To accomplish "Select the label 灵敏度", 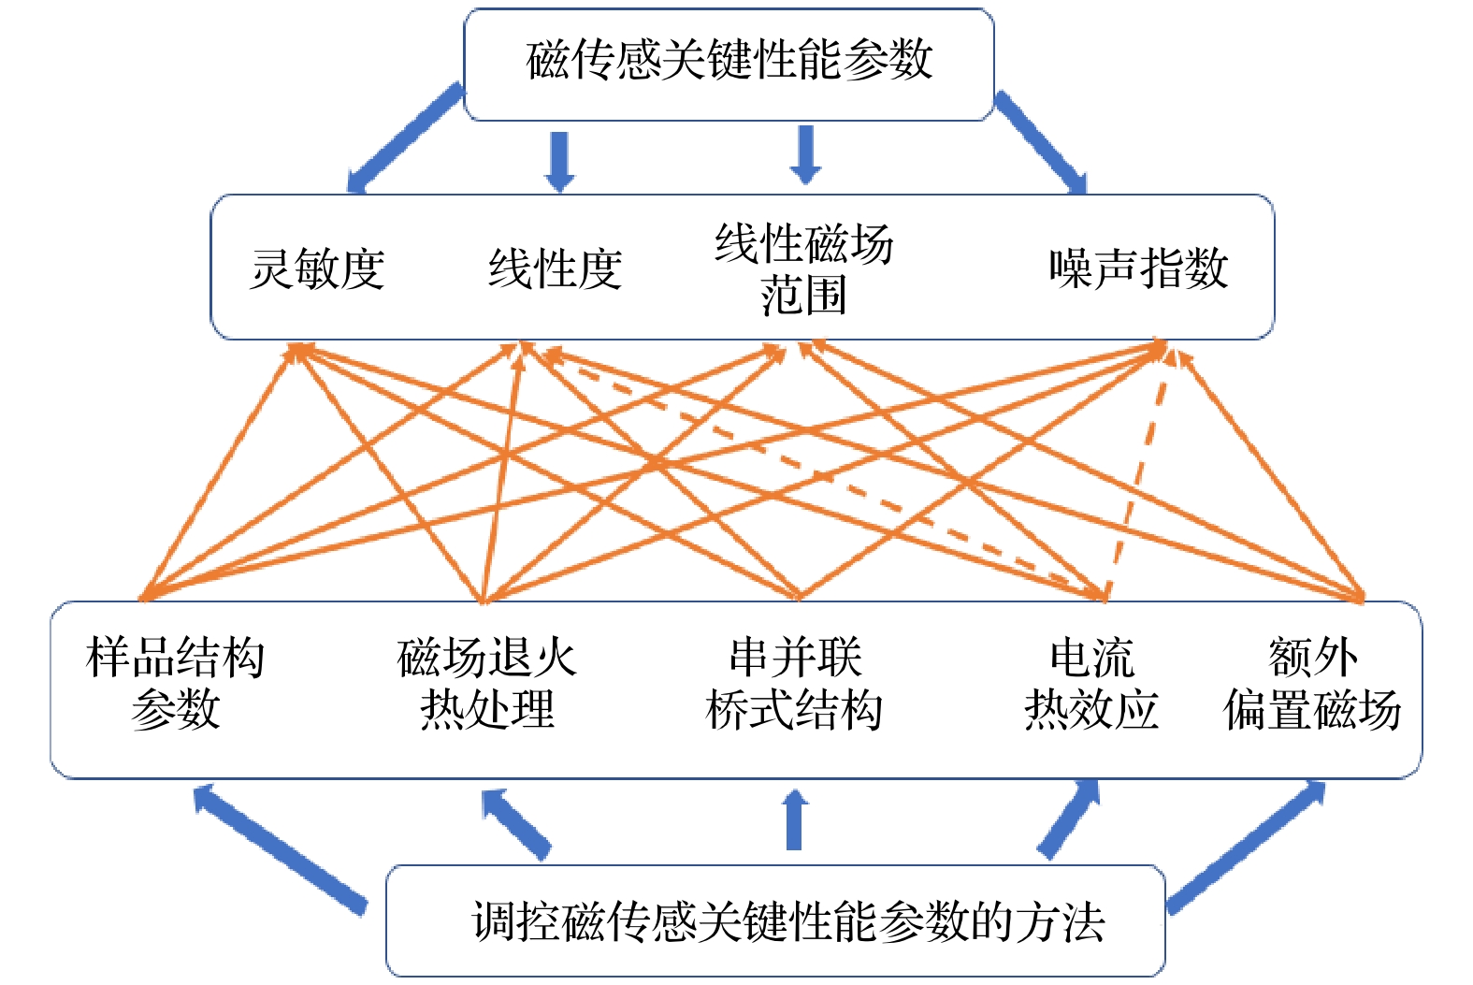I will [317, 269].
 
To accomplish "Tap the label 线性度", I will [555, 269].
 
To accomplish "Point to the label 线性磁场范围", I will [803, 269].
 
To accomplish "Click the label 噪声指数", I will [1137, 269].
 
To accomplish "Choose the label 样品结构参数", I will [175, 683].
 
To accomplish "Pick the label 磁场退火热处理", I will [486, 683].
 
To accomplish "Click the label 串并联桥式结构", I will [795, 683].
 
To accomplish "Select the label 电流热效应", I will [1090, 683].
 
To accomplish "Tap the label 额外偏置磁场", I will [1312, 683].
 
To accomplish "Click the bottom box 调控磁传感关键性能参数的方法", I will [788, 921].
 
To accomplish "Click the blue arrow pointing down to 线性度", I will [559, 161].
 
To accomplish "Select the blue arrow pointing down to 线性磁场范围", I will [805, 155].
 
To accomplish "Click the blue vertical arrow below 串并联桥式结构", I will [794, 820].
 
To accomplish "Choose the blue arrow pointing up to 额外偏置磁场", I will [1247, 846].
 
